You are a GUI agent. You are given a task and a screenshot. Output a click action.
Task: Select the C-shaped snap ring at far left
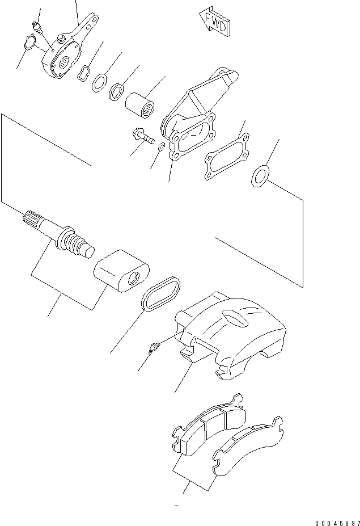(x=31, y=43)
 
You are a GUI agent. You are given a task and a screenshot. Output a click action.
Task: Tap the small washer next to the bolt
(x=160, y=148)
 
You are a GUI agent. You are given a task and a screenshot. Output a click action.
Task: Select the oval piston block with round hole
(x=121, y=272)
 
